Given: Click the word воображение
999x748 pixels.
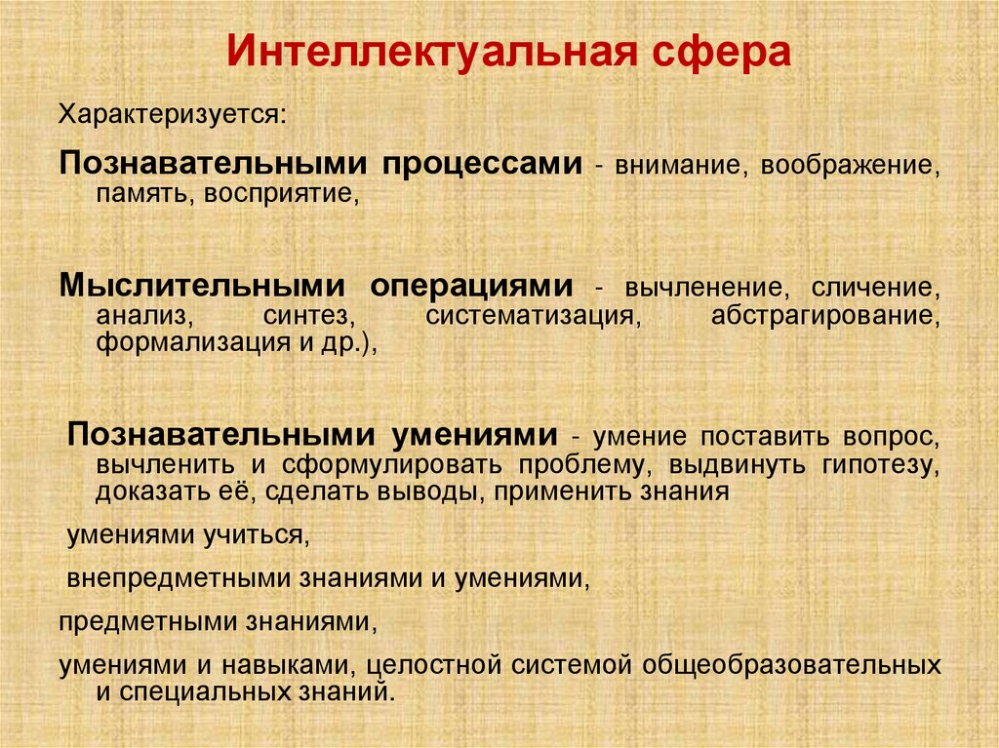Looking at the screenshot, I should pos(853,165).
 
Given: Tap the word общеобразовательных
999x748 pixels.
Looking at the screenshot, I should pos(791,666).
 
